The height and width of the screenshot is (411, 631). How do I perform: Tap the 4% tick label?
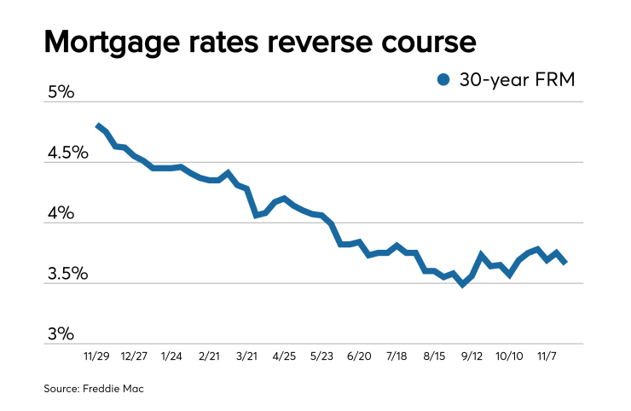[60, 213]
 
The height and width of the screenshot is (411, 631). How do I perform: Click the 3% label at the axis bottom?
[60, 334]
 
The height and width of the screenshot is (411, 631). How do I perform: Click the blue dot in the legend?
[443, 79]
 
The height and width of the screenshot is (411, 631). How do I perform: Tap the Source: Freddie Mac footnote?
[95, 389]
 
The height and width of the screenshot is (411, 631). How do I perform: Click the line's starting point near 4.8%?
[98, 125]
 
